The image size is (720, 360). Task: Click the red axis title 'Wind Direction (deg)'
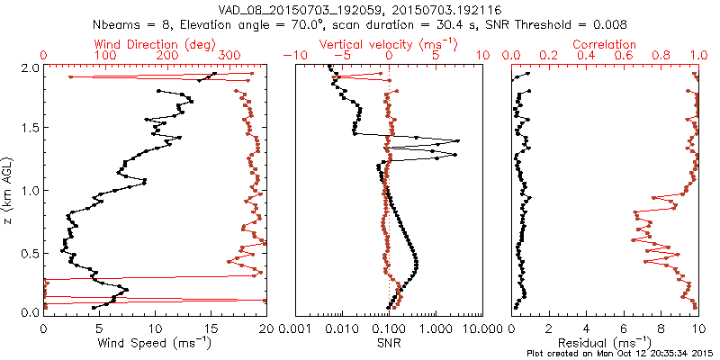click(x=155, y=44)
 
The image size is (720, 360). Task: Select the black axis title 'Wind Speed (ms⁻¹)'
click(x=155, y=343)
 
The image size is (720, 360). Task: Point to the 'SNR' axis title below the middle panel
click(x=389, y=343)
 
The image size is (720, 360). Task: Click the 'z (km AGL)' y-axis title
click(x=8, y=189)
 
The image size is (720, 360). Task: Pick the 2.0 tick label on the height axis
click(x=30, y=68)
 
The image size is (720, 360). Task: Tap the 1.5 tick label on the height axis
click(x=30, y=129)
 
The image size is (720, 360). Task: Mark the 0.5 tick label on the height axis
click(x=30, y=251)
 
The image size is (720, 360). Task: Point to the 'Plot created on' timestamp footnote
click(x=621, y=354)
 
